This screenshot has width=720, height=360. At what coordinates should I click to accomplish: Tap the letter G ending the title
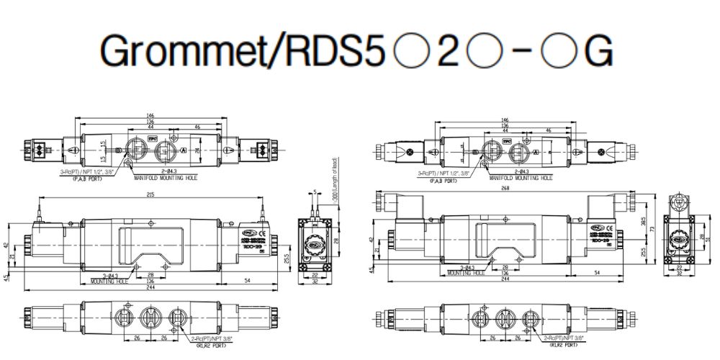(x=598, y=50)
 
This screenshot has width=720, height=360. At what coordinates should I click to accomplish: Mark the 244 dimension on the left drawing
(x=150, y=288)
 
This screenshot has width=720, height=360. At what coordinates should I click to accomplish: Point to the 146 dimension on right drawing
(x=505, y=120)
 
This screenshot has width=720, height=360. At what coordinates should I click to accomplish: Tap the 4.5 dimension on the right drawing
(x=372, y=271)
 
